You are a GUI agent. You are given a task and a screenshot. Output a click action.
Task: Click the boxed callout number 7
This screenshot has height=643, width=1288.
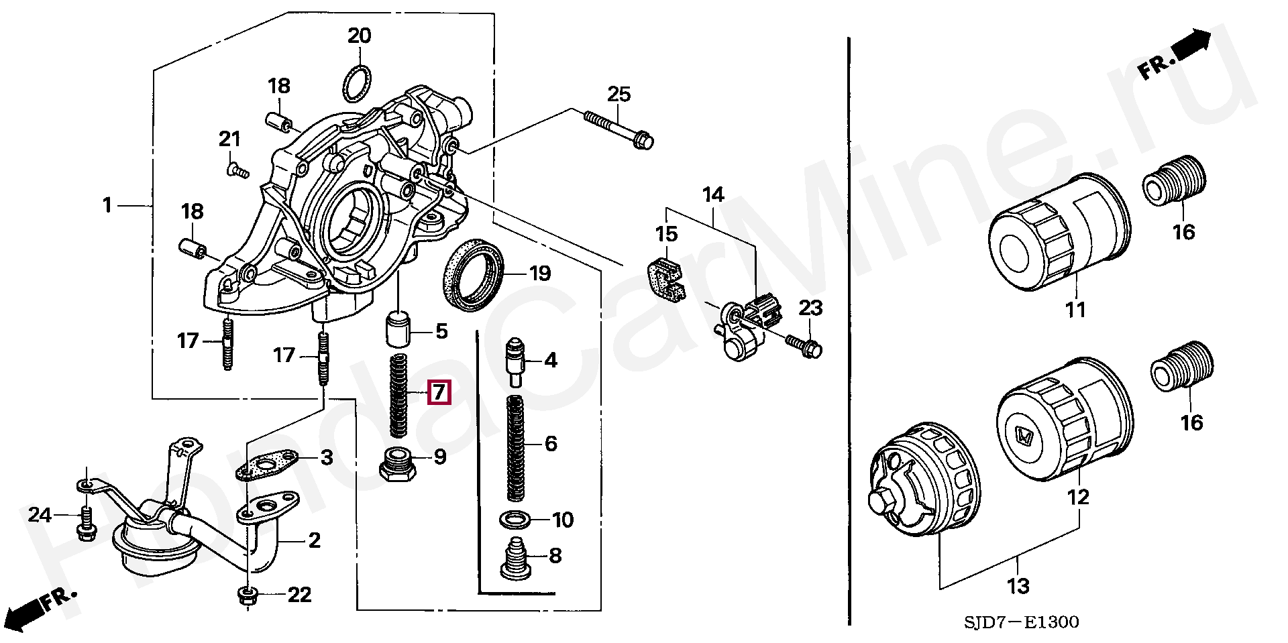[439, 392]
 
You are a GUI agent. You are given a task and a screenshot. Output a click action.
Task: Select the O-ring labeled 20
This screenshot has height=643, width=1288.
[357, 82]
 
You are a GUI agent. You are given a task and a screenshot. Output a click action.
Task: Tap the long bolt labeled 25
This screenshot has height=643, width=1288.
[618, 129]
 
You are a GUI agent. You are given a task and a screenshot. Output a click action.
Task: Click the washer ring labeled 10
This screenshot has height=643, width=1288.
[515, 519]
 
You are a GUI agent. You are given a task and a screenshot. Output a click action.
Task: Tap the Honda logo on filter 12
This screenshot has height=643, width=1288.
[1024, 437]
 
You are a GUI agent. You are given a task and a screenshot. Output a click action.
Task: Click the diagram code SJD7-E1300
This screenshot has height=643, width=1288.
[1021, 622]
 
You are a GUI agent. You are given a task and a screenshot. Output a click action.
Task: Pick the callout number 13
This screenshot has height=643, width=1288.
[1018, 586]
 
